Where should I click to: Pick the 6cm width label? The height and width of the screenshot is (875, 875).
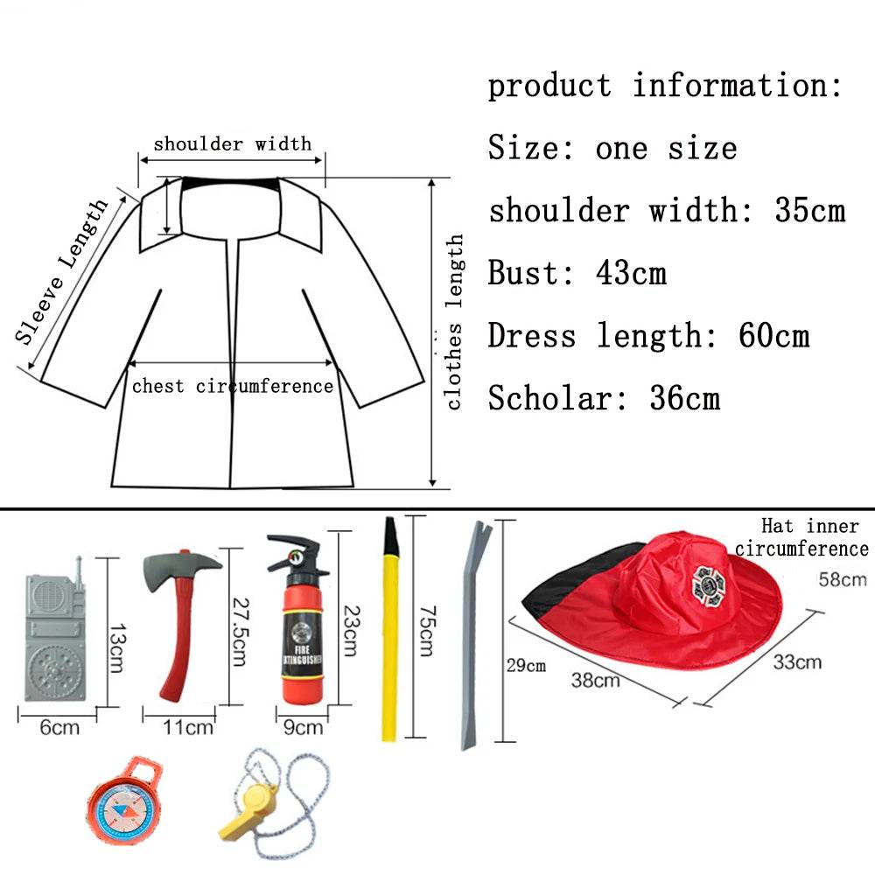click(59, 726)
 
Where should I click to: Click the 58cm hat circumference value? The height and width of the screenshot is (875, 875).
click(843, 578)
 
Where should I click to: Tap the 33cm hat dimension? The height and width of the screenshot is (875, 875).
click(796, 661)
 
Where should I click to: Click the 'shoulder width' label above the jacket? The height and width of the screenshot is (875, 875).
click(232, 143)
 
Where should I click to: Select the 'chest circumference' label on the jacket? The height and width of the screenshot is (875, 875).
click(233, 386)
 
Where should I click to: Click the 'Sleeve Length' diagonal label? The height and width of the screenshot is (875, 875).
click(63, 270)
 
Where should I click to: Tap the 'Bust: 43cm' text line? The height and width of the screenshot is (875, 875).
click(577, 273)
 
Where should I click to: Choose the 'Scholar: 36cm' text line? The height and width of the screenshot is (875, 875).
click(604, 399)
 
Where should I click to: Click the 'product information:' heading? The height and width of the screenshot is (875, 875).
click(665, 86)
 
